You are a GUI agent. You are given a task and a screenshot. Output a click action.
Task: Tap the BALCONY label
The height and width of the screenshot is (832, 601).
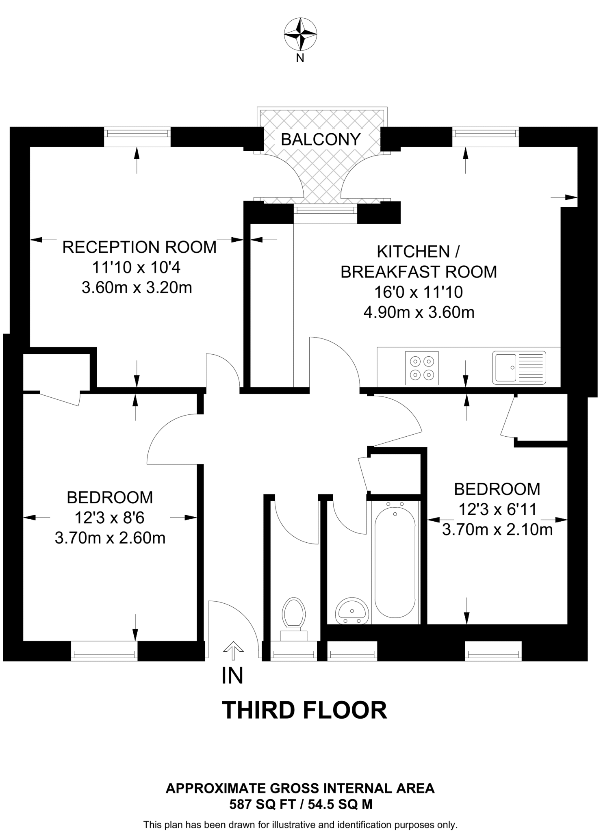[321, 140]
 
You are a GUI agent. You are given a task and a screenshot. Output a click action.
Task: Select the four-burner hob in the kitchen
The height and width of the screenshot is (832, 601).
[422, 368]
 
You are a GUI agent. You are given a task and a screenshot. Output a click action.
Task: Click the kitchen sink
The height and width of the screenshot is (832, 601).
[519, 368]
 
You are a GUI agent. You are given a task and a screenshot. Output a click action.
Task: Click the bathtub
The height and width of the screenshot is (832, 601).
[395, 563]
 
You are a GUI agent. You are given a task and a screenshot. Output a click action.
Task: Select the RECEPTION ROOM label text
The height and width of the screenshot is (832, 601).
[139, 247]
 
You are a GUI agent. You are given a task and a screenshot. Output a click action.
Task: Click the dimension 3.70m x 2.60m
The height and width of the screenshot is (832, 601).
[110, 538]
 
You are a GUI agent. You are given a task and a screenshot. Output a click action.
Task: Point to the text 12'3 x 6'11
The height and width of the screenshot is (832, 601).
[497, 509]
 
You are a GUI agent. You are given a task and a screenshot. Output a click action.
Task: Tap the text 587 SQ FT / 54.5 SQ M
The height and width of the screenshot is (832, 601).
[301, 804]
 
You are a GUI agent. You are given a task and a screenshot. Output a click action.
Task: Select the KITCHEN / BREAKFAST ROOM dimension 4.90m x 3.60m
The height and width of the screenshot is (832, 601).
[419, 312]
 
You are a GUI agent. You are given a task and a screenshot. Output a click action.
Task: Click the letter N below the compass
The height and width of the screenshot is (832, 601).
[300, 58]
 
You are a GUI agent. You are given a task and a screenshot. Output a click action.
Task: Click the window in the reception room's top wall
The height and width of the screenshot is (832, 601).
[137, 137]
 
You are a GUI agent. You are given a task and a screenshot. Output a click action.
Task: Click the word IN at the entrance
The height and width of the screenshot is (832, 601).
[232, 676]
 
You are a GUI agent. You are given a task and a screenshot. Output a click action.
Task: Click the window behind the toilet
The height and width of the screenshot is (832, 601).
[294, 651]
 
